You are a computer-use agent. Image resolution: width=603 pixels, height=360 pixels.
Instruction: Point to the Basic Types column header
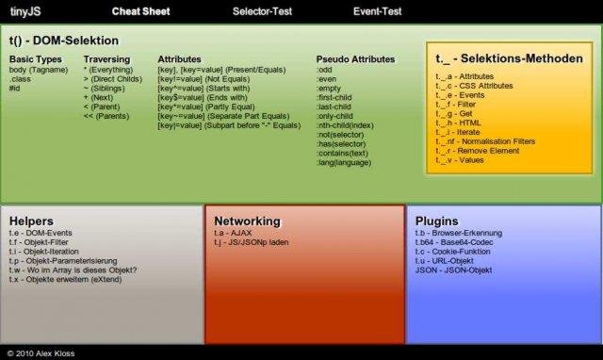[x=35, y=59]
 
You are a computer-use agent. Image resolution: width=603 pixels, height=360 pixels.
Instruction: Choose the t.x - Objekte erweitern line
[x=71, y=280]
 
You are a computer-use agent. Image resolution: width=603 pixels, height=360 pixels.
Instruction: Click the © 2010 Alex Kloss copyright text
[x=43, y=352]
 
